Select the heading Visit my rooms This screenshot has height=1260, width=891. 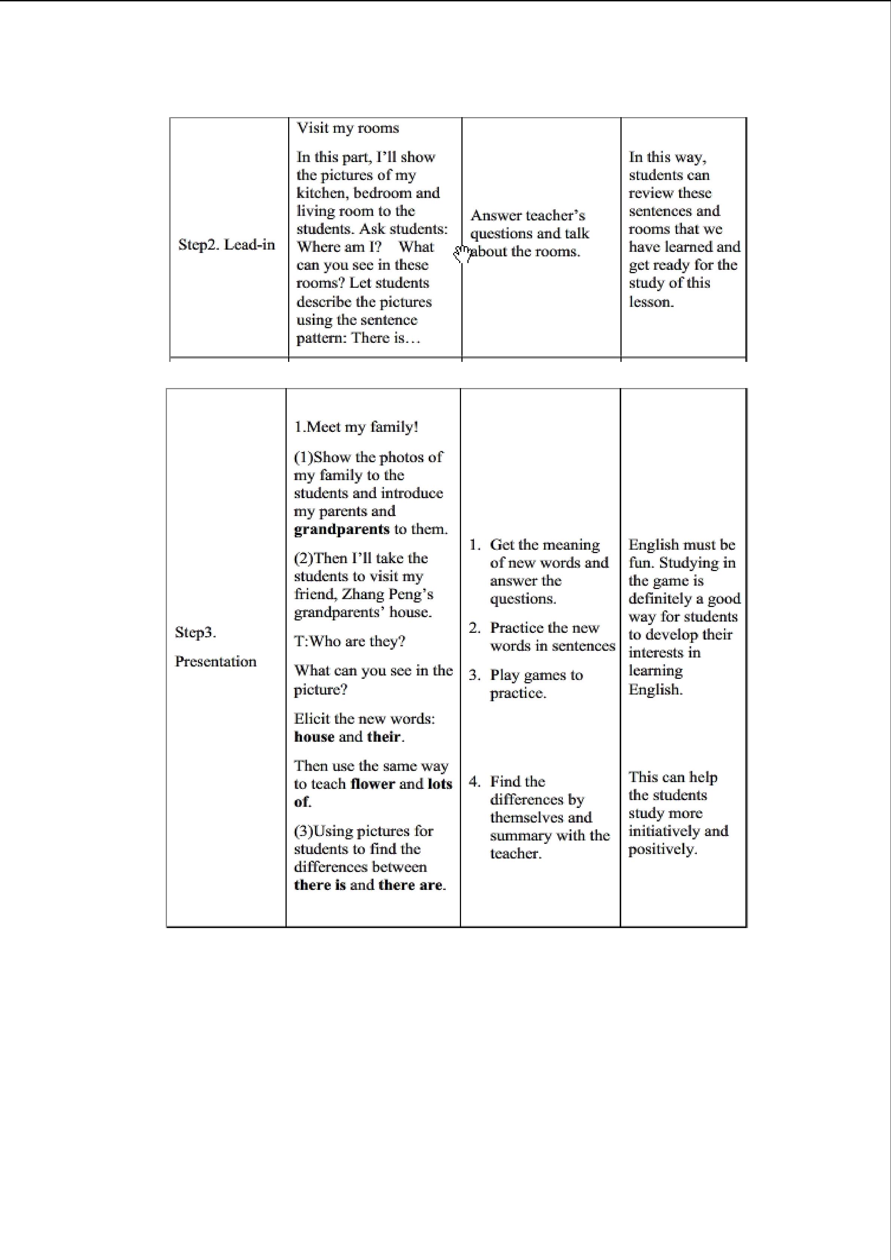coord(348,128)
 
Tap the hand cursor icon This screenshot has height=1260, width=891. coord(462,254)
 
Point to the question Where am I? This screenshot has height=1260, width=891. coord(339,247)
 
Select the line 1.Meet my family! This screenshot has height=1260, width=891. coord(356,427)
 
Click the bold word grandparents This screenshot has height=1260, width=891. coord(341,530)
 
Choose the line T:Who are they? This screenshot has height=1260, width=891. coord(350,641)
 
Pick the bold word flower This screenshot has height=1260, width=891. coord(373,784)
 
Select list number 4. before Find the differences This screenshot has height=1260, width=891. coord(475,781)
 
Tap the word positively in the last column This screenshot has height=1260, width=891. coord(662,849)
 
